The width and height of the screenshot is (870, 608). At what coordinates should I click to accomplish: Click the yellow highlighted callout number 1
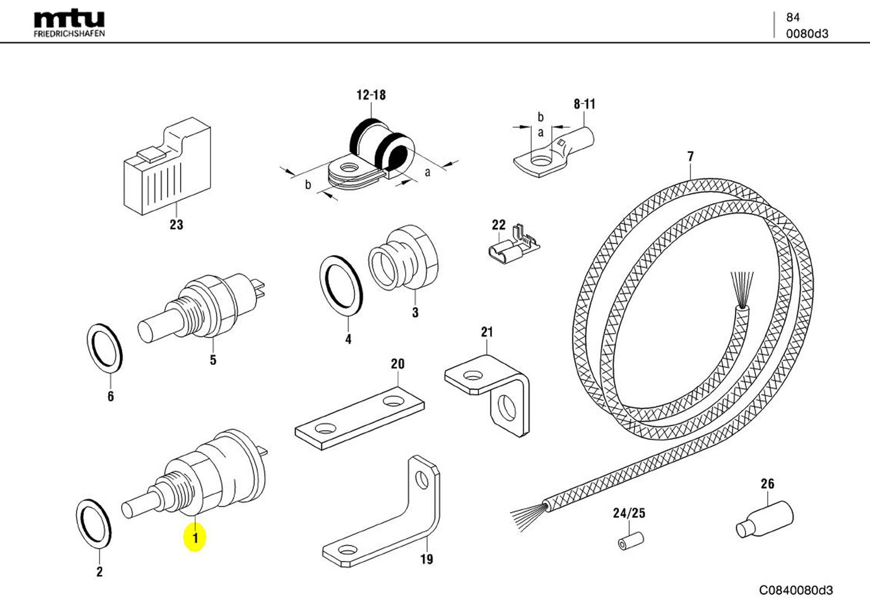(195, 537)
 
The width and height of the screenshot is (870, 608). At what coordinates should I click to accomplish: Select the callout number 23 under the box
(176, 224)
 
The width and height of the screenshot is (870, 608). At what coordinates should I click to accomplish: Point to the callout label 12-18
(371, 95)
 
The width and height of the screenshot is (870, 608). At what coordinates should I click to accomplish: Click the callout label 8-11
(585, 104)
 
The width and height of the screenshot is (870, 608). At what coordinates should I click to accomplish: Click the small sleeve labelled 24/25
(631, 541)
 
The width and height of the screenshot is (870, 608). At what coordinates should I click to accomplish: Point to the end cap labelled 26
(765, 521)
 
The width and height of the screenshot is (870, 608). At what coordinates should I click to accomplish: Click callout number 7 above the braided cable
(690, 156)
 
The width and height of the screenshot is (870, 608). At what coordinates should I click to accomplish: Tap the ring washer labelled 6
(105, 348)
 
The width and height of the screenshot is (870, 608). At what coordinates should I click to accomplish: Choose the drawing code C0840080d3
(796, 590)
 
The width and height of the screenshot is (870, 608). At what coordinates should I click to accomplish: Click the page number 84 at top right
(792, 17)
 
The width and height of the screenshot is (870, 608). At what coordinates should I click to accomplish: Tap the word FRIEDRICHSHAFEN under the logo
(69, 34)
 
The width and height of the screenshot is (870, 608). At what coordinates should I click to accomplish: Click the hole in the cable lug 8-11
(540, 160)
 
